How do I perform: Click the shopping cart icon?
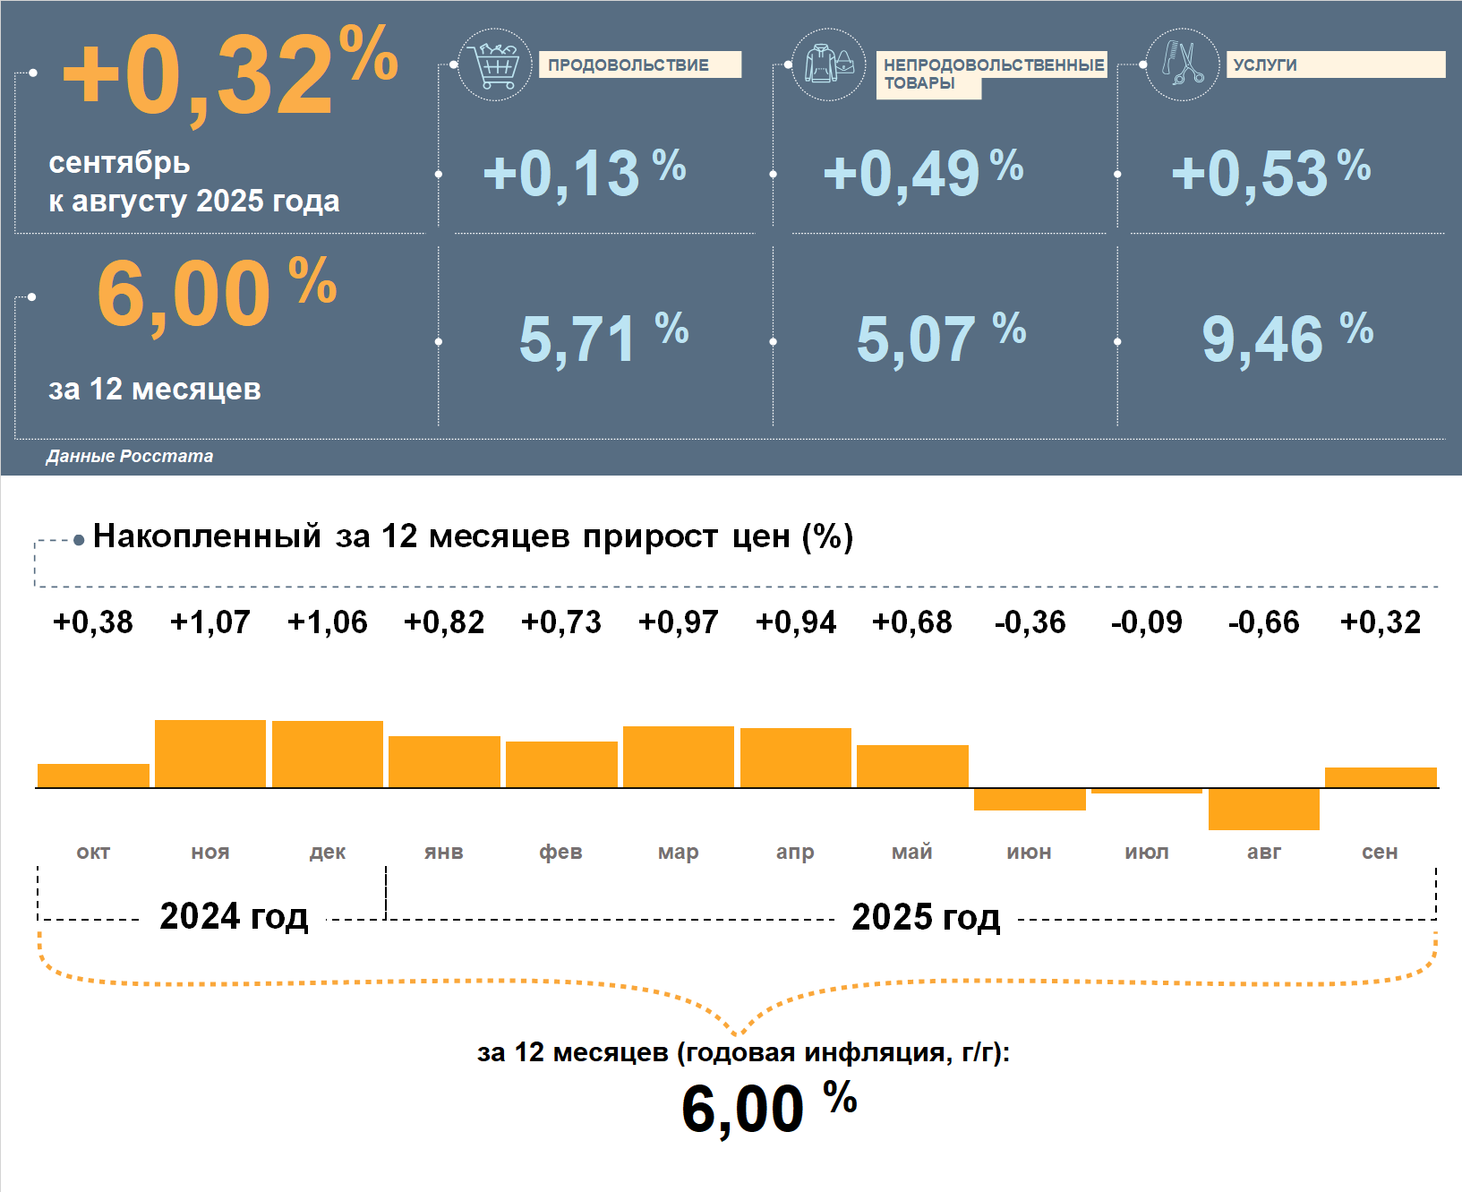(494, 64)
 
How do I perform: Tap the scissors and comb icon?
(1182, 64)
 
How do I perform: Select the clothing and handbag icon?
(829, 64)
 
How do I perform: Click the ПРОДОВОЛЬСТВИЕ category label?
(639, 64)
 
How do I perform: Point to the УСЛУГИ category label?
(1334, 64)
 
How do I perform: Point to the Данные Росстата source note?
(130, 456)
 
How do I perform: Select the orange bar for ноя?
(210, 754)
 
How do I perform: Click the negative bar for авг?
(1263, 809)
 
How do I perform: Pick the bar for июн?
(1030, 799)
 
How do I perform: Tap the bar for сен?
(1381, 777)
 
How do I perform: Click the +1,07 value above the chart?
(210, 622)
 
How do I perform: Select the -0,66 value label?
(1263, 622)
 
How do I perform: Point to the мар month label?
(678, 852)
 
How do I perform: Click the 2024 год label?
(234, 916)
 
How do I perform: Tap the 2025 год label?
(926, 916)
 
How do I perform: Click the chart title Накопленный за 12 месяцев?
(473, 536)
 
